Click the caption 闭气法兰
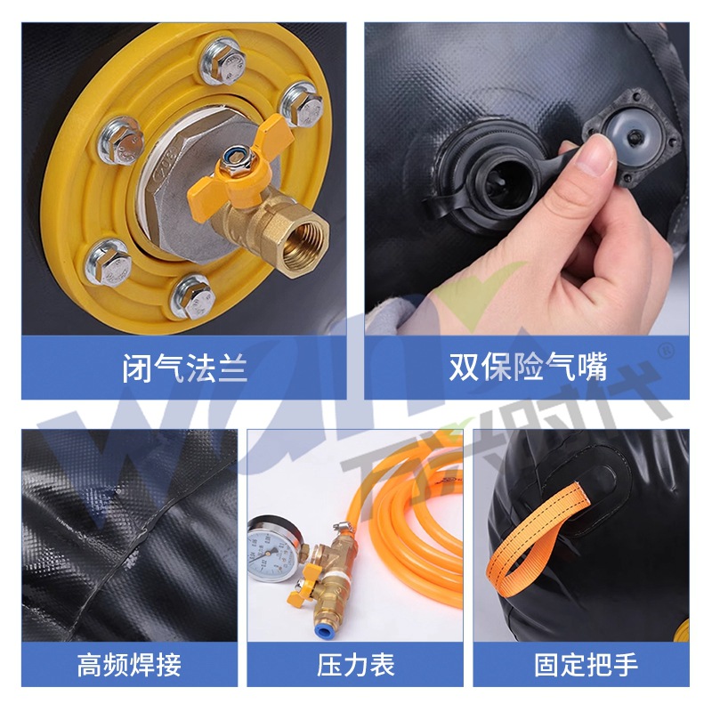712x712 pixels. [x=184, y=368]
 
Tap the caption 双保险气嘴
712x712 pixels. [x=527, y=368]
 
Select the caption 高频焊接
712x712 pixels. [x=130, y=664]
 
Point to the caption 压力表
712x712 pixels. [x=356, y=664]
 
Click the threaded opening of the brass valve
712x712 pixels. [x=301, y=238]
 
